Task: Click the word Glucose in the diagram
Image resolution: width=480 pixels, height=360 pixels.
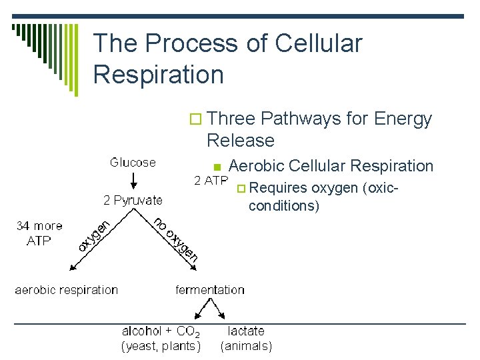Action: (x=133, y=162)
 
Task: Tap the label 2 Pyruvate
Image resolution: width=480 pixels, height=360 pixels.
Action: (x=133, y=200)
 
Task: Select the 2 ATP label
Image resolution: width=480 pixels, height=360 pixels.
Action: (x=211, y=180)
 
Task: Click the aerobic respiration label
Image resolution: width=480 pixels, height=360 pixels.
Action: (x=67, y=290)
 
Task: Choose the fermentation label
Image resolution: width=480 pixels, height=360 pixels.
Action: (x=210, y=290)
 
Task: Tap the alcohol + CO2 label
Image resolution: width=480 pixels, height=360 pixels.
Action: (x=161, y=331)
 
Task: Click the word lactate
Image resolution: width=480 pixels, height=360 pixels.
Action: (x=246, y=331)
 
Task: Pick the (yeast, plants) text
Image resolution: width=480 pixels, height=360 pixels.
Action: (x=161, y=346)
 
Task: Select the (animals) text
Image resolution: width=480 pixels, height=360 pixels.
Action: (x=246, y=346)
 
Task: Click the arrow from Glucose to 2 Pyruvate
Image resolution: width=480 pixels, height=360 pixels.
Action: (x=133, y=181)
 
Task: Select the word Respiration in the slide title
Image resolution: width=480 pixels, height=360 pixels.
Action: (x=159, y=74)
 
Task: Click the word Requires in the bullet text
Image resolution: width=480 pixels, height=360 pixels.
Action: (x=279, y=188)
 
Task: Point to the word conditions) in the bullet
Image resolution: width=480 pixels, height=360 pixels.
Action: (x=284, y=205)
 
